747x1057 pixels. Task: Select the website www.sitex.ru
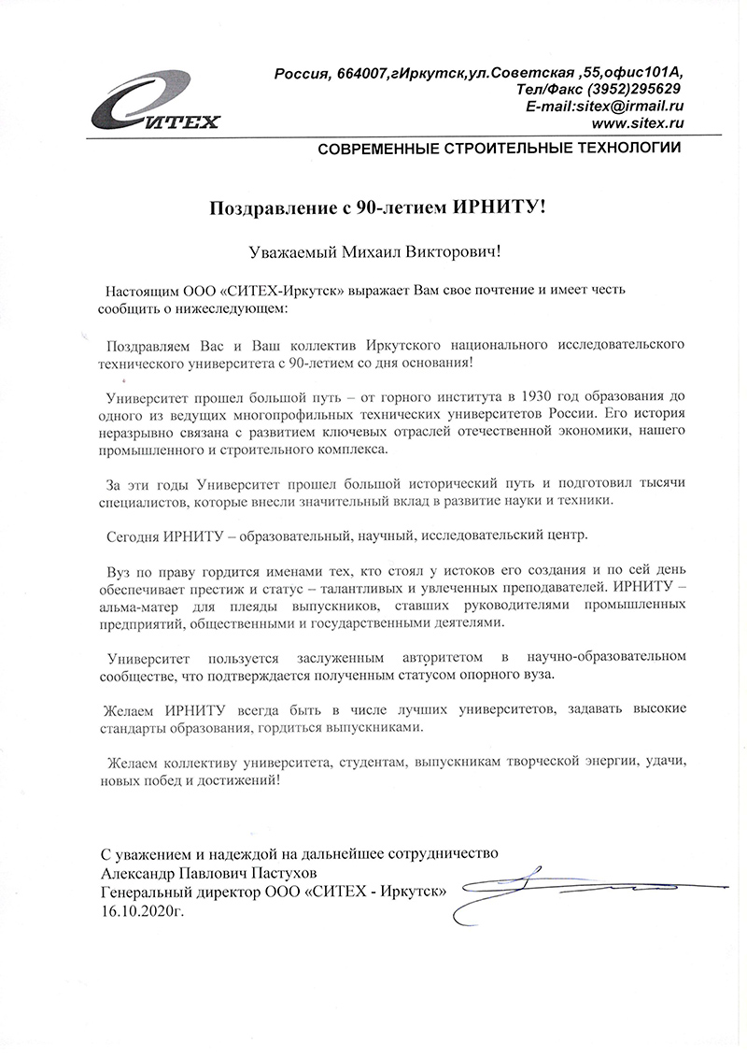(638, 124)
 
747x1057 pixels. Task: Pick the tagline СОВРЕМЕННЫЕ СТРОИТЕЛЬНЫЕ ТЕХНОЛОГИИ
(500, 149)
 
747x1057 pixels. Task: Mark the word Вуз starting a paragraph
(120, 570)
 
